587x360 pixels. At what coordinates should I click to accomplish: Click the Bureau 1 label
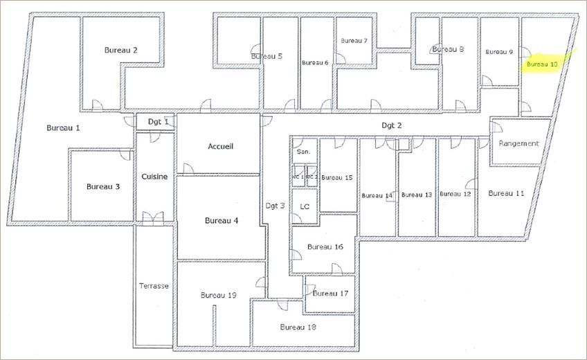click(x=63, y=128)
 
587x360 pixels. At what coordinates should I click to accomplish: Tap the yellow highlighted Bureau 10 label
click(x=542, y=64)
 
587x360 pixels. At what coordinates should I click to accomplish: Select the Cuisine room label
click(x=154, y=177)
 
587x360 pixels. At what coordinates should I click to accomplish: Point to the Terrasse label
click(x=154, y=285)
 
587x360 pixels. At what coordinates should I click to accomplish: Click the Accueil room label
click(x=221, y=147)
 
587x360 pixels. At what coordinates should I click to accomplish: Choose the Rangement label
click(x=518, y=143)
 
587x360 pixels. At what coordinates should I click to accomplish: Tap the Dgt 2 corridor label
click(x=392, y=125)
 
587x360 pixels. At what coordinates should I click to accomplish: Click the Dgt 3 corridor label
click(x=275, y=205)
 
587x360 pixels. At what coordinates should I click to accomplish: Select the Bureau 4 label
click(x=222, y=221)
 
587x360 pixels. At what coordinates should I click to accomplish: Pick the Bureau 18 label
click(x=298, y=327)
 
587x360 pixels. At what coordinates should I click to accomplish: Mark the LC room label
click(x=304, y=207)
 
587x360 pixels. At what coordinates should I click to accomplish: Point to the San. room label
click(x=303, y=151)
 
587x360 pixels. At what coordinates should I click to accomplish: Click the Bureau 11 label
click(x=506, y=193)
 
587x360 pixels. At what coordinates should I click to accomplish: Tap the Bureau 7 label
click(x=354, y=41)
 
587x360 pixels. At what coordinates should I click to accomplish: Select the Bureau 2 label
click(x=120, y=50)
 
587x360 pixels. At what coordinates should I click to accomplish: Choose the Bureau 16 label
click(x=325, y=246)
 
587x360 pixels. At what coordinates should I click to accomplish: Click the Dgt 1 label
click(x=159, y=122)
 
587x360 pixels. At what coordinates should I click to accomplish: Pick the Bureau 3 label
click(x=103, y=186)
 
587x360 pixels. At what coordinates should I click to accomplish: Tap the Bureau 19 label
click(x=219, y=295)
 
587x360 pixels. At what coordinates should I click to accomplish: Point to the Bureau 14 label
click(x=377, y=196)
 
